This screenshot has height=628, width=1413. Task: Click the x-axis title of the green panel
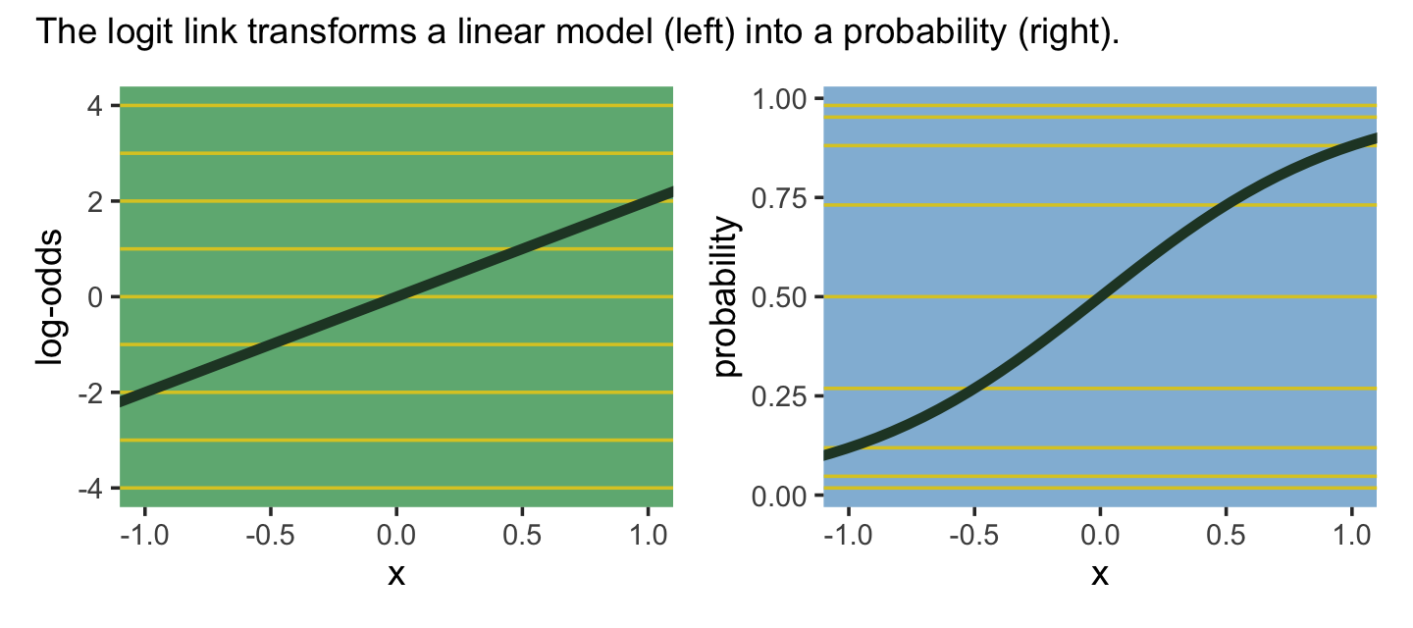395,574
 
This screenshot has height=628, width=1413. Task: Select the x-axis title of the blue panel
1100,574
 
